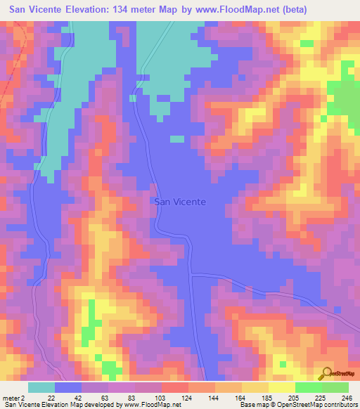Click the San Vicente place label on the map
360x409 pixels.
pyautogui.click(x=180, y=202)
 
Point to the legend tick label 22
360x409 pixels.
pyautogui.click(x=51, y=397)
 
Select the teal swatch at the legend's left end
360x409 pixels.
pyautogui.click(x=41, y=387)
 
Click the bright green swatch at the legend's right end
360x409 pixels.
pyautogui.click(x=335, y=387)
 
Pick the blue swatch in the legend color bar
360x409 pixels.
pyautogui.click(x=68, y=387)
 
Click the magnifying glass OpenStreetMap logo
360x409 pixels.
pyautogui.click(x=327, y=373)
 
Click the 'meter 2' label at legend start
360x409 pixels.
pyautogui.click(x=14, y=397)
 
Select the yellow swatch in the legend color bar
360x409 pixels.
pyautogui.click(x=255, y=387)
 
